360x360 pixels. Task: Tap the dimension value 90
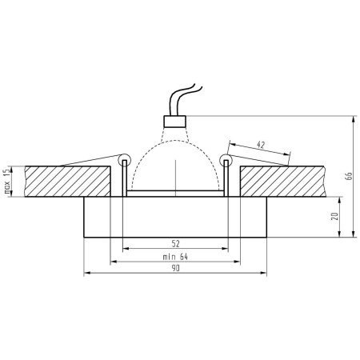coord(174,270)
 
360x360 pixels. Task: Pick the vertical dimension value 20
coord(334,216)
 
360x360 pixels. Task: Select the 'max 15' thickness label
coord(7,182)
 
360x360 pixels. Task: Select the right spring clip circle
coord(226,162)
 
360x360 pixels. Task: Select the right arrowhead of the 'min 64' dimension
coord(237,261)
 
